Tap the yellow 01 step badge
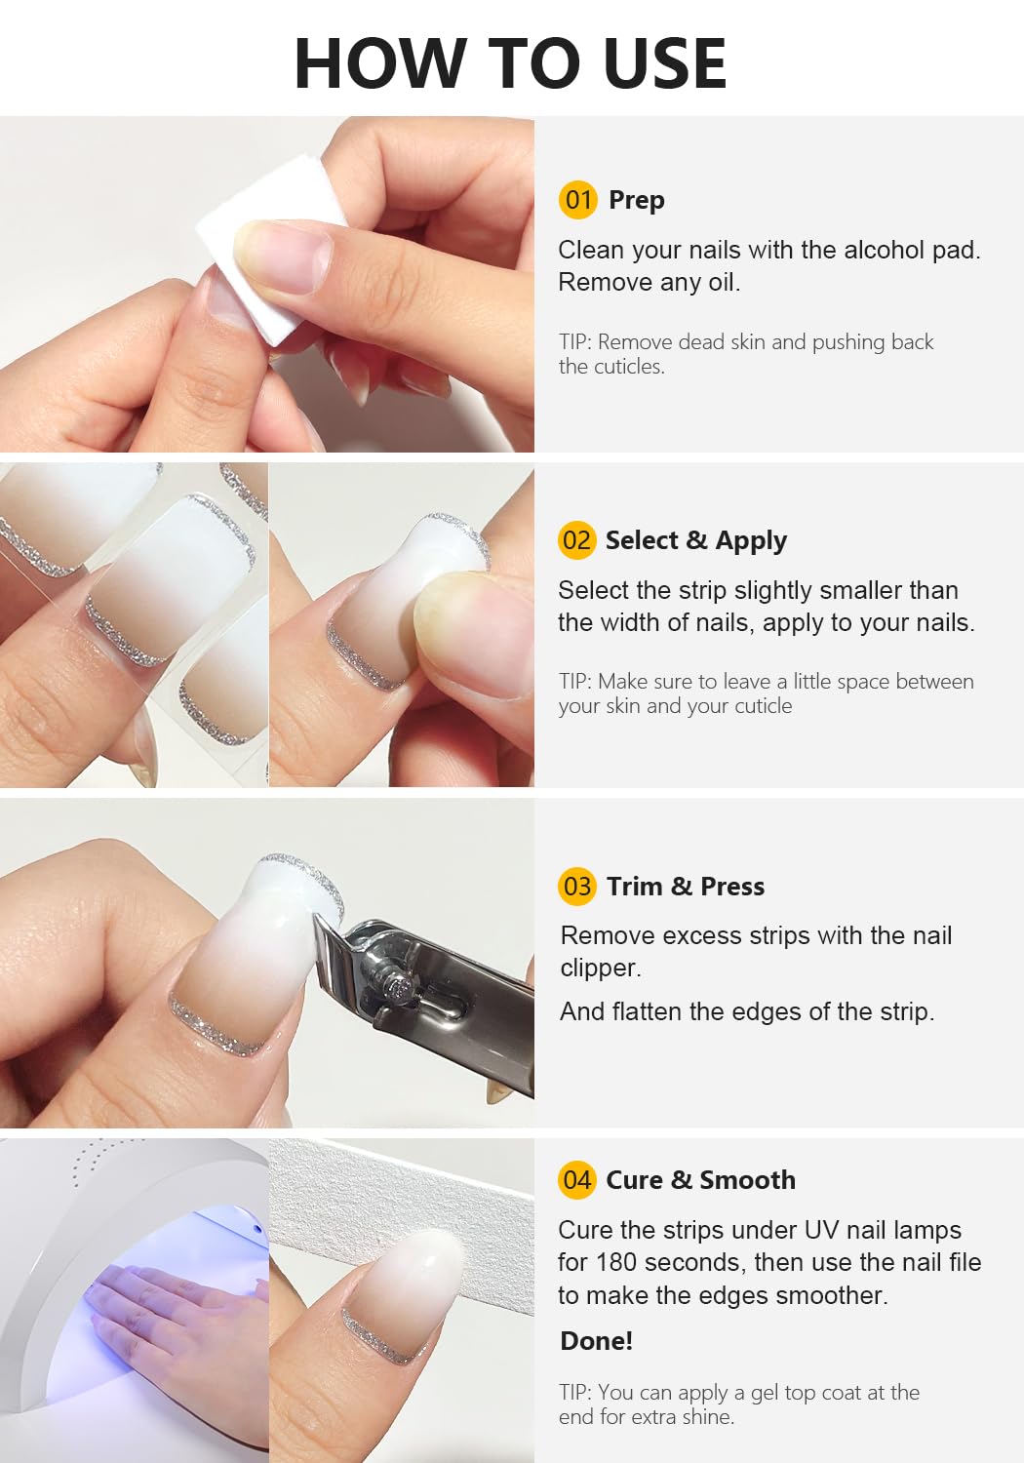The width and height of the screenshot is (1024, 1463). point(578,199)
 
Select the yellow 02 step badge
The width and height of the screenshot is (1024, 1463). point(577,540)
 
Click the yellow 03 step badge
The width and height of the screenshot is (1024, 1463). point(577,887)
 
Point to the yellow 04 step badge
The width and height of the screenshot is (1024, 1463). point(577,1179)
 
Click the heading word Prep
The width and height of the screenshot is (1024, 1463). point(637,201)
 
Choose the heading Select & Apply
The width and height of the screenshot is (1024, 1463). point(696,540)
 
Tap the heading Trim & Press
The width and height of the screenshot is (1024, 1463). point(685,887)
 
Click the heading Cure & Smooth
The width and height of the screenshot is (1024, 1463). point(701,1179)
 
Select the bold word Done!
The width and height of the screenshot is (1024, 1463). point(596,1340)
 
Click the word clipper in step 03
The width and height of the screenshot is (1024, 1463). point(601,968)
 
